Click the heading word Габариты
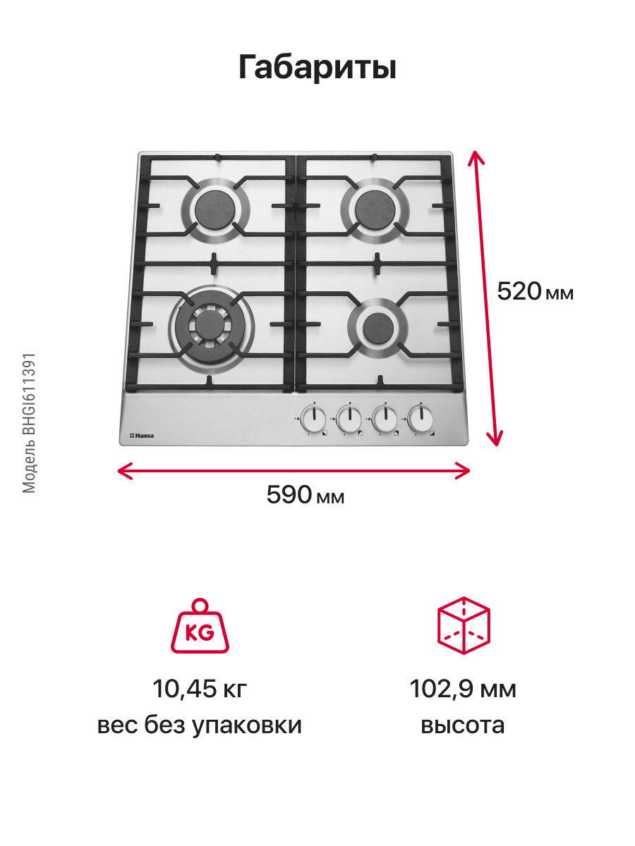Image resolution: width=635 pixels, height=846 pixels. [317, 67]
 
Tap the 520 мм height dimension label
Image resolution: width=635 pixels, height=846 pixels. [535, 291]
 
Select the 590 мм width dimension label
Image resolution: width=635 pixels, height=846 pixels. [306, 495]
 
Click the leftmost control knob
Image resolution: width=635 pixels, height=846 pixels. [313, 420]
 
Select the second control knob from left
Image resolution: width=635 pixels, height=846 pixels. [348, 420]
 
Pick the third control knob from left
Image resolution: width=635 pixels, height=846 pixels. [384, 420]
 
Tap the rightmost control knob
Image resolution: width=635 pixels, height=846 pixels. [420, 420]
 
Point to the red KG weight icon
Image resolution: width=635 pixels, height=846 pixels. [200, 627]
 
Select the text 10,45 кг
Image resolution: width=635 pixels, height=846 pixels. [200, 689]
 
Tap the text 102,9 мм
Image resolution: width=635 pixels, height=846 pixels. [463, 689]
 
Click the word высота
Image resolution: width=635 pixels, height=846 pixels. [463, 725]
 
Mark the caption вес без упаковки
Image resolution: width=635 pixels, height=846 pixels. [200, 725]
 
